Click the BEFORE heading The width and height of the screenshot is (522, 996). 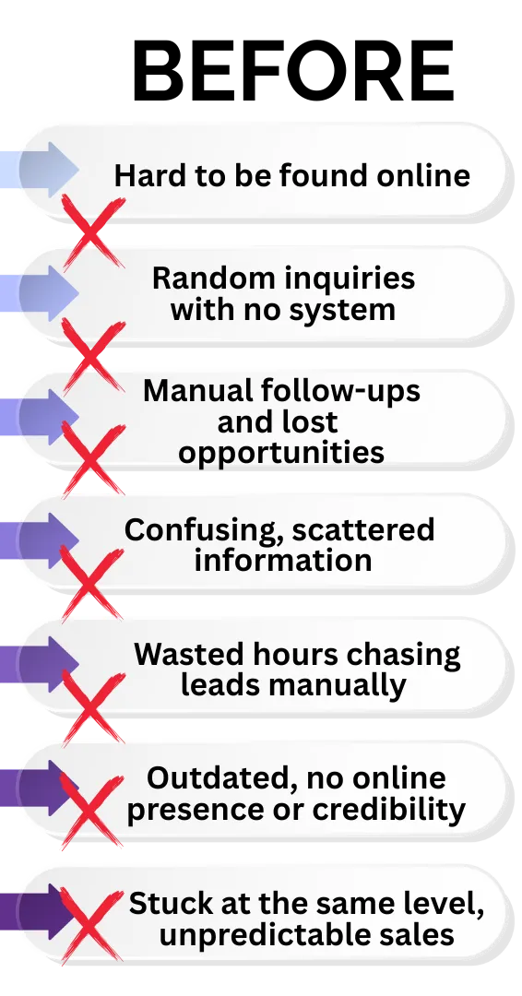pyautogui.click(x=292, y=71)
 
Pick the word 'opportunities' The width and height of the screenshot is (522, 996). pyautogui.click(x=281, y=454)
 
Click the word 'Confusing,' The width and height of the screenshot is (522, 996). pyautogui.click(x=204, y=531)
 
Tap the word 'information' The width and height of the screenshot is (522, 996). pyautogui.click(x=282, y=560)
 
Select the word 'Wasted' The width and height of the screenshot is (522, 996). pyautogui.click(x=181, y=654)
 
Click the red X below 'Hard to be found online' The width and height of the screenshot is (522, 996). pyautogui.click(x=93, y=231)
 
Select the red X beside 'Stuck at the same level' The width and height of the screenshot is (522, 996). pyautogui.click(x=91, y=926)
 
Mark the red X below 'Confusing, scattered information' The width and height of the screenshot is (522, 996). pyautogui.click(x=92, y=583)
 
